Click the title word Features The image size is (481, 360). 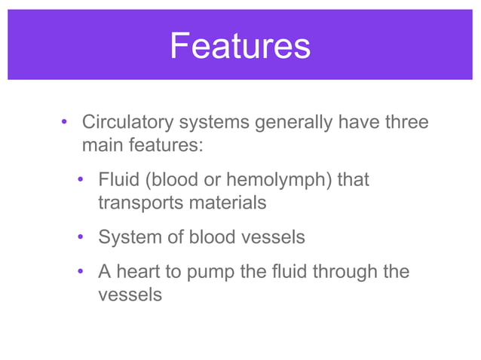pos(240,46)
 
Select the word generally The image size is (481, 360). pos(293,122)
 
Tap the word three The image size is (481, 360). pos(406,122)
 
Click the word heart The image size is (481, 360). pos(139,271)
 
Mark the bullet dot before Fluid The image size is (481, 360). pos(81,182)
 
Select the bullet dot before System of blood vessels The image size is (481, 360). pos(81,238)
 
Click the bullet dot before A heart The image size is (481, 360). pos(81,272)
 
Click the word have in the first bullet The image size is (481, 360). pos(356,122)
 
